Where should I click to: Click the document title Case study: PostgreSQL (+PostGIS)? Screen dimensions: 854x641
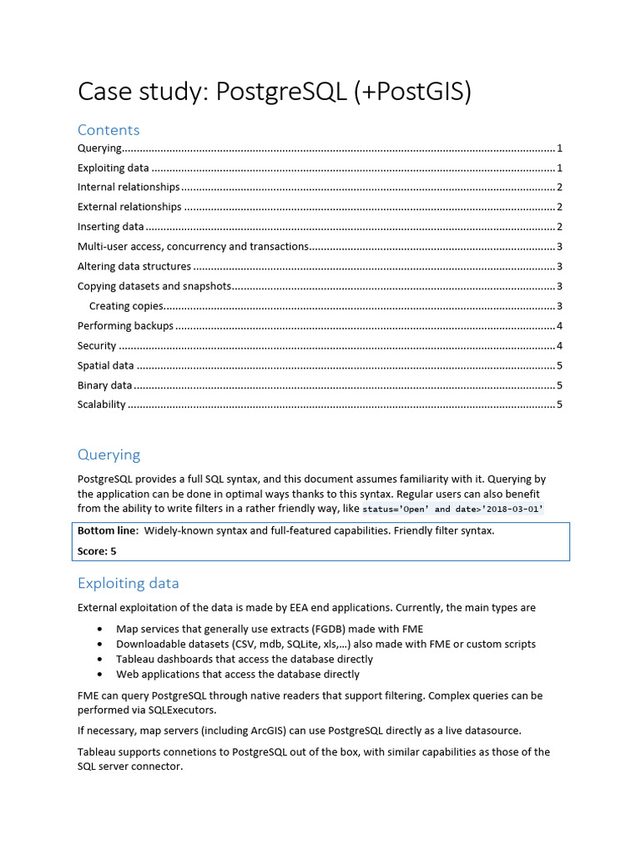(x=275, y=92)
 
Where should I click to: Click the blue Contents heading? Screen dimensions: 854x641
(x=109, y=130)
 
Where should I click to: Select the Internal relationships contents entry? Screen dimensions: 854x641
(x=129, y=187)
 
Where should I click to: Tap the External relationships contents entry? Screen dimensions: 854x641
(x=129, y=207)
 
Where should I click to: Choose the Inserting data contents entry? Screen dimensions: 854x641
(x=111, y=227)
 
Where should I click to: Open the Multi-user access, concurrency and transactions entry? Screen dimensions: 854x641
(x=193, y=247)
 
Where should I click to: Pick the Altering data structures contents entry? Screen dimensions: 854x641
(x=134, y=267)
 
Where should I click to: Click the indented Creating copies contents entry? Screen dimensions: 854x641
(x=126, y=306)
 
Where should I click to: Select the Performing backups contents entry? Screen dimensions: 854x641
(x=125, y=326)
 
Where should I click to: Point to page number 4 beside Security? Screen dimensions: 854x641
(x=559, y=346)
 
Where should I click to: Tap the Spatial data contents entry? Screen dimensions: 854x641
(x=106, y=365)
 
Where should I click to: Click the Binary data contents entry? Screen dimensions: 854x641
(x=105, y=385)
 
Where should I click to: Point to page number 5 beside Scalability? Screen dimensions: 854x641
(x=559, y=405)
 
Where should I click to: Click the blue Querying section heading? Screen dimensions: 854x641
(x=109, y=455)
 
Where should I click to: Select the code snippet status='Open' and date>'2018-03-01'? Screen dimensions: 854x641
(x=452, y=510)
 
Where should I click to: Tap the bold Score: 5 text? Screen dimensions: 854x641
(x=97, y=551)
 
